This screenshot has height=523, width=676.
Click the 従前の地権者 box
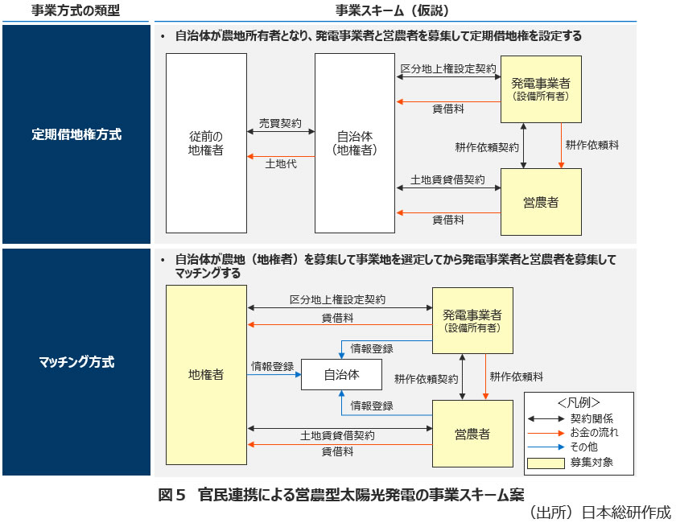(x=206, y=143)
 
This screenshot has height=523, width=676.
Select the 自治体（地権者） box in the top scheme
(x=355, y=143)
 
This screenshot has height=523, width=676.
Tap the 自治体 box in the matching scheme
(x=341, y=374)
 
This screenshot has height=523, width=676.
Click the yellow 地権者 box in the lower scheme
(x=206, y=374)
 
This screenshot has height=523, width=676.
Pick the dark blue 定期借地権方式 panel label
(x=76, y=134)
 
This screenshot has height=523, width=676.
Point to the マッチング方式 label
(x=76, y=362)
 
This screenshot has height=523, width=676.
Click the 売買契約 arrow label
(x=280, y=124)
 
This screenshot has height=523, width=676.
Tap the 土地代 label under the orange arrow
(x=280, y=163)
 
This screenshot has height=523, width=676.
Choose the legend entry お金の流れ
(x=594, y=433)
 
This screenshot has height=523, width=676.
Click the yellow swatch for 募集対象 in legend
(x=546, y=463)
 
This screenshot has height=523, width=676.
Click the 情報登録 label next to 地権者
(x=272, y=366)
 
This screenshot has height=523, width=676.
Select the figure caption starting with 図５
(x=341, y=493)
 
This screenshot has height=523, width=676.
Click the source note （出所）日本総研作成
(x=599, y=512)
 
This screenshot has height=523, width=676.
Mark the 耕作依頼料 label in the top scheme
(x=591, y=146)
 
